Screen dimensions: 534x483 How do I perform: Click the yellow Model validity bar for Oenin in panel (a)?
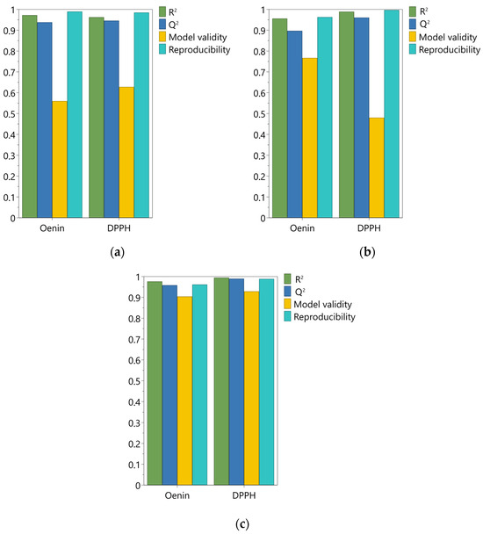(x=60, y=159)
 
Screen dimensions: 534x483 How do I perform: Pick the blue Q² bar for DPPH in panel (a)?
(x=112, y=119)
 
